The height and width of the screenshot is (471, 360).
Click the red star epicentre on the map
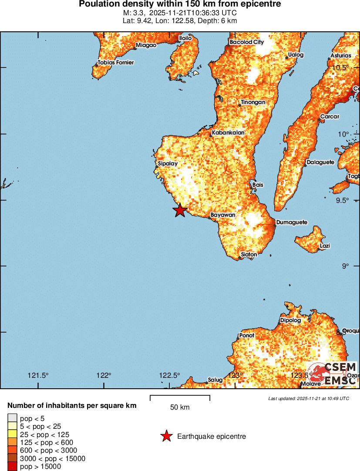click(x=180, y=210)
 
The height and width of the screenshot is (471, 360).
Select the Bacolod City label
click(x=246, y=42)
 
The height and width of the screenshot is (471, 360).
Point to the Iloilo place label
click(x=185, y=38)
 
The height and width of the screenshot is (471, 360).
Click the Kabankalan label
click(x=228, y=132)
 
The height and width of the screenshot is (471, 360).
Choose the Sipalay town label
click(x=168, y=164)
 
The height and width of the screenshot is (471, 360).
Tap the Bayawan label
click(x=223, y=215)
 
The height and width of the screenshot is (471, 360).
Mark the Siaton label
click(x=249, y=254)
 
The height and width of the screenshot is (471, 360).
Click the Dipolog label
click(x=290, y=320)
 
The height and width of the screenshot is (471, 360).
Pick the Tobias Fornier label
click(x=115, y=62)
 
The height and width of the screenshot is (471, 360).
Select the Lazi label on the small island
click(x=325, y=246)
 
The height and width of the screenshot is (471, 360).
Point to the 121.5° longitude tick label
click(x=38, y=376)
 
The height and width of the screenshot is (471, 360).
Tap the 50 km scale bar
click(x=180, y=398)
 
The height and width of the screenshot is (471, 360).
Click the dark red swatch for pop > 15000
click(x=13, y=467)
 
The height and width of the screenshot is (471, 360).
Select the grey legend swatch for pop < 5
click(x=13, y=418)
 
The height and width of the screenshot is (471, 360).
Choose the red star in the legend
click(x=166, y=436)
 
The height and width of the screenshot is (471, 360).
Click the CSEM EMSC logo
click(x=333, y=373)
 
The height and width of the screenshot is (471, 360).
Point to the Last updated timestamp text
click(x=308, y=398)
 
